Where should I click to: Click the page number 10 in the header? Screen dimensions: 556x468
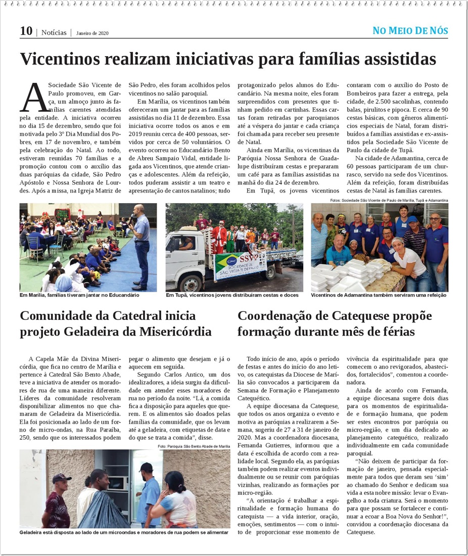click(26, 31)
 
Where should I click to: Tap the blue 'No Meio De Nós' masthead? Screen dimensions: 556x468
click(410, 30)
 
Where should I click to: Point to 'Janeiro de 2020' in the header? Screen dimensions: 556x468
click(92, 33)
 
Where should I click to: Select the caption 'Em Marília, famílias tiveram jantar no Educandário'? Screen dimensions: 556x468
click(79, 295)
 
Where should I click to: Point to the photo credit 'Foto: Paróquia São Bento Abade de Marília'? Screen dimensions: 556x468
click(194, 446)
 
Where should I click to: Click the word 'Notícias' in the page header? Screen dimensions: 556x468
click(54, 32)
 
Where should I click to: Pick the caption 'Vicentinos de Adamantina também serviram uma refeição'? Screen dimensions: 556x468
click(379, 295)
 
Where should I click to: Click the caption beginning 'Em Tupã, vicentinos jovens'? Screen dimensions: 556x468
click(232, 295)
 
